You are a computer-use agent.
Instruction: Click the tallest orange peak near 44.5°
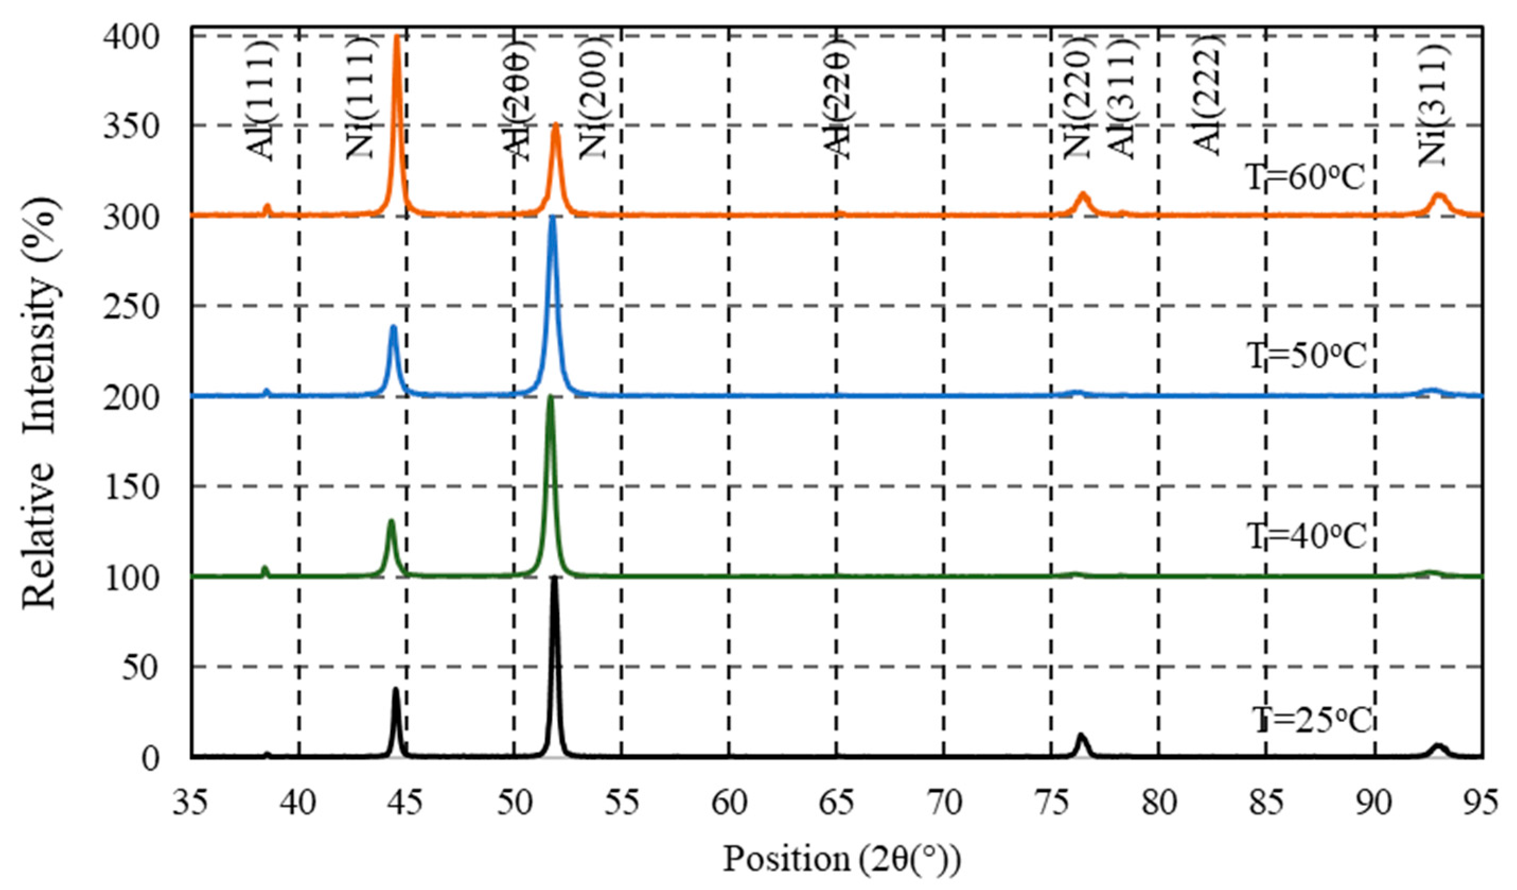396,37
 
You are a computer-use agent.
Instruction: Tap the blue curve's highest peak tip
553,218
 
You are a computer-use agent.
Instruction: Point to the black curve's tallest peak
554,579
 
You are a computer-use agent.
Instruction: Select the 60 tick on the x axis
728,802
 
